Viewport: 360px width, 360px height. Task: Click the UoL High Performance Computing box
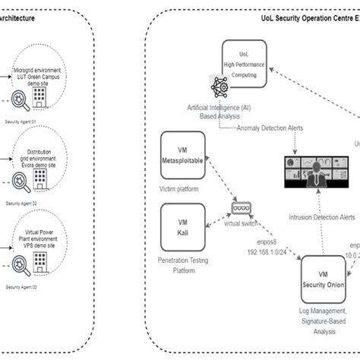[244, 67]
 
